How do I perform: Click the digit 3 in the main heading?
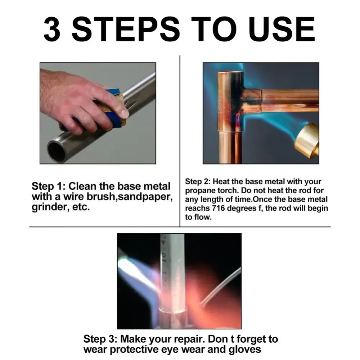click(52, 29)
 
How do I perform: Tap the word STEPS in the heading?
click(126, 29)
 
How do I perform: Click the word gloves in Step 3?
click(244, 350)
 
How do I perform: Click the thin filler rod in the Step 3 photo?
click(220, 285)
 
